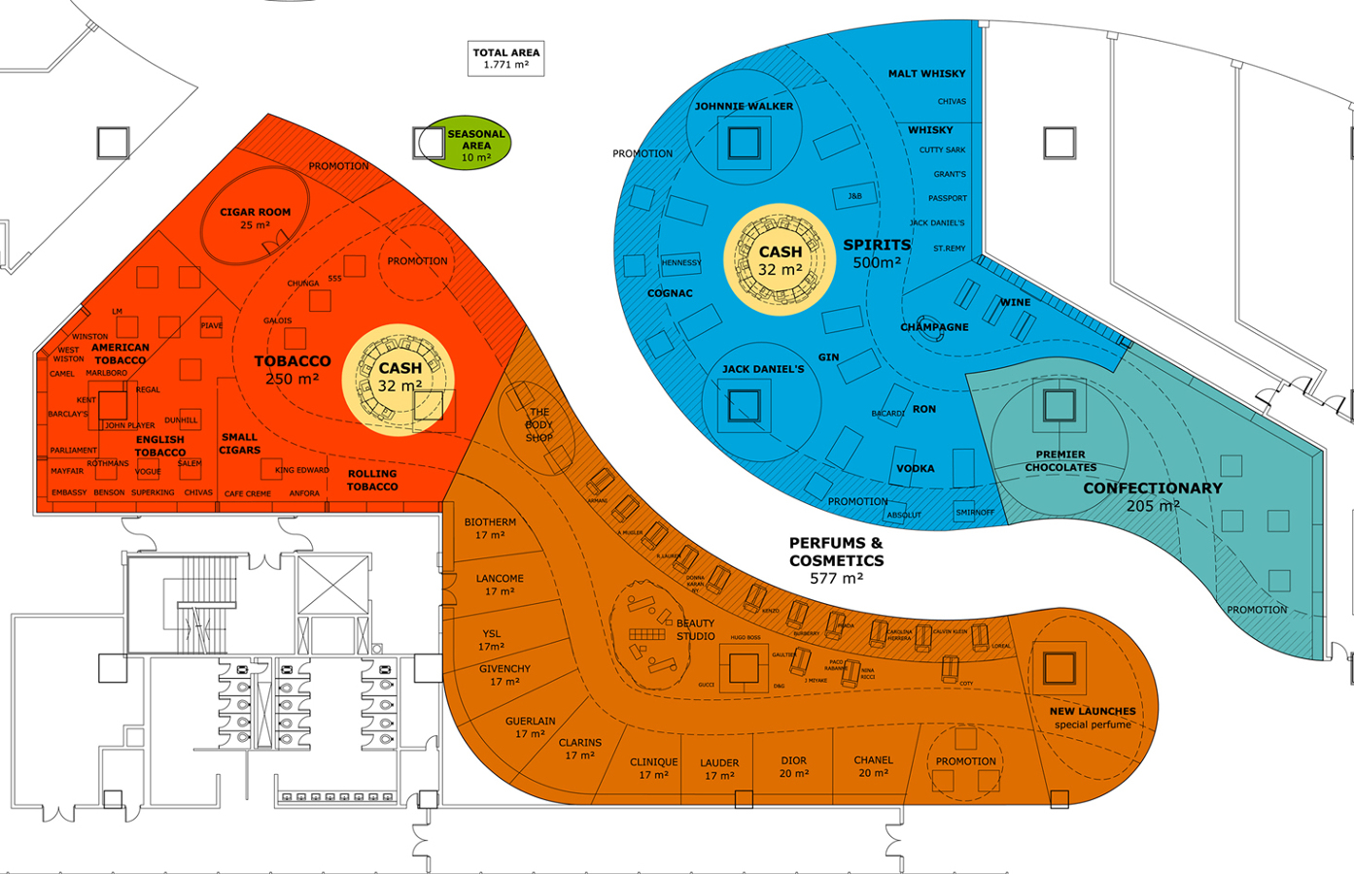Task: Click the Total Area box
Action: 505,58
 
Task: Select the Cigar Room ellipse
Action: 255,218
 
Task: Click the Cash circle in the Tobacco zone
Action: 399,379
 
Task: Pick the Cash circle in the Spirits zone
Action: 780,260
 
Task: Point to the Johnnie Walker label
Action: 744,106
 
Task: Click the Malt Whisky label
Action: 926,74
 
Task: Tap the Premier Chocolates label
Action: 1060,461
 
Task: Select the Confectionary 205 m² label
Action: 1153,496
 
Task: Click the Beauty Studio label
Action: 695,629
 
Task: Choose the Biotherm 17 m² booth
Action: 490,528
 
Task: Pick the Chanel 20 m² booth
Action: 873,766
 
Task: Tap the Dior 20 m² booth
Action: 793,766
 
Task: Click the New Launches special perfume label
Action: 1093,718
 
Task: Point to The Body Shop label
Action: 538,425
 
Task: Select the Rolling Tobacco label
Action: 372,480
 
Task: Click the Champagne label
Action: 934,327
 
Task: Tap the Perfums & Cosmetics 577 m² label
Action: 836,560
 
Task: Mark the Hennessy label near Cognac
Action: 680,263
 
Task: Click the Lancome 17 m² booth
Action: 500,585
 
